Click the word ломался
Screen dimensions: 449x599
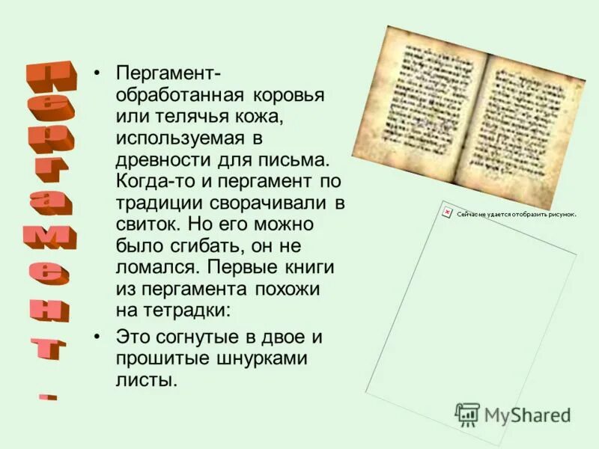click(x=155, y=266)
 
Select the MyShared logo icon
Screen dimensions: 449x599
click(x=468, y=415)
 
